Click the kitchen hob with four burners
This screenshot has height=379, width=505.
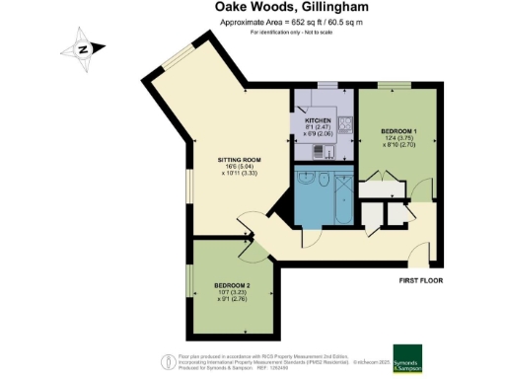346,125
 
